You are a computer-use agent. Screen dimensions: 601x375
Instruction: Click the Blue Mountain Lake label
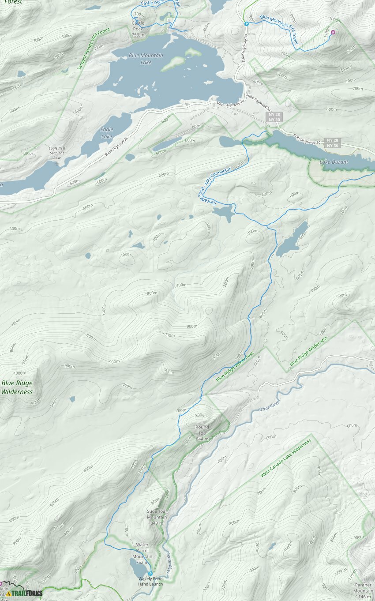146,59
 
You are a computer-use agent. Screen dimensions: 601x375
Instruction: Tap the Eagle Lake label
107,133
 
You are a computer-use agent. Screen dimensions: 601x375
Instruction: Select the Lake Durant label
334,162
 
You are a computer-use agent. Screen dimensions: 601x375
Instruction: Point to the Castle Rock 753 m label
138,29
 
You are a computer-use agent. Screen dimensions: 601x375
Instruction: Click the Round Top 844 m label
202,433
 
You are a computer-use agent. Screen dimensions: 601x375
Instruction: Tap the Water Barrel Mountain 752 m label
142,553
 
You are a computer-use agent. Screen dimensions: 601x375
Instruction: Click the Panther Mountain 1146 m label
363,590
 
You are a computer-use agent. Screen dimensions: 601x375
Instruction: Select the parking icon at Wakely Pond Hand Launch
150,574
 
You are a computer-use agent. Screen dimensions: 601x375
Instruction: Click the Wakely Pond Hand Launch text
150,581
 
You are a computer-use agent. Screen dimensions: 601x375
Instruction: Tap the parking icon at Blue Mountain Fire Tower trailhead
247,24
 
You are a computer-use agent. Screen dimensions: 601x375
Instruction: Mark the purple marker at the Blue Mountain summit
333,32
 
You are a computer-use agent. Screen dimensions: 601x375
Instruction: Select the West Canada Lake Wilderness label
286,458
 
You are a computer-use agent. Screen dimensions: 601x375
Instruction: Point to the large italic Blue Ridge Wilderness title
17,387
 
